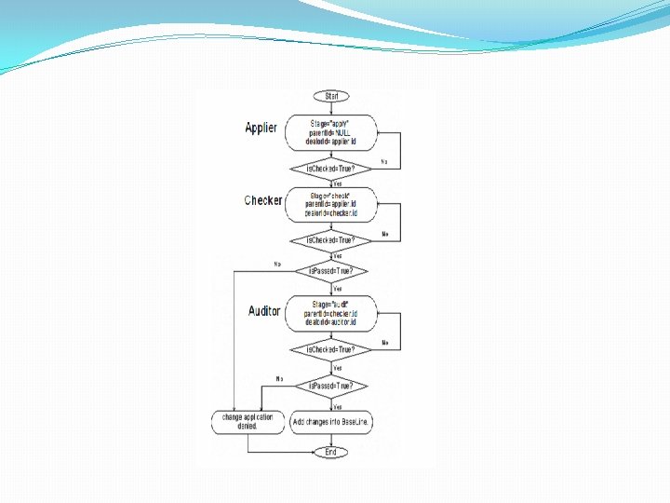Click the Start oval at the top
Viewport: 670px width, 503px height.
331,96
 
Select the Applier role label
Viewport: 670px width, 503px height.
261,128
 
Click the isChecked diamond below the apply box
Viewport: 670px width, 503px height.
330,169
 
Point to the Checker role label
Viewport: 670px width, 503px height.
263,200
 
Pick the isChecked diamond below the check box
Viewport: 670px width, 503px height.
330,239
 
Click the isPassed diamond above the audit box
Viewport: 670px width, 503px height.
330,271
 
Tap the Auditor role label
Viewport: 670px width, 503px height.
264,311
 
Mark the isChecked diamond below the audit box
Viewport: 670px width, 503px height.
330,349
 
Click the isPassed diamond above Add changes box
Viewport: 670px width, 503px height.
330,385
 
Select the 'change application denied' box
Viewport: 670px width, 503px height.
248,422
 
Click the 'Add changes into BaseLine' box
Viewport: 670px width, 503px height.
332,422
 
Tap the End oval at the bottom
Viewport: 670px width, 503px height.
330,452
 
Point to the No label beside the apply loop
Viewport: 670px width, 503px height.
385,161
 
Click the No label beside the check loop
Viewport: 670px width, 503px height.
385,234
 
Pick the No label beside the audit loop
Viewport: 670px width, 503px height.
385,343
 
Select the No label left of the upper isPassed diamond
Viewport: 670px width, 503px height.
277,265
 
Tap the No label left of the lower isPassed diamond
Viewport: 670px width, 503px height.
279,378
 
